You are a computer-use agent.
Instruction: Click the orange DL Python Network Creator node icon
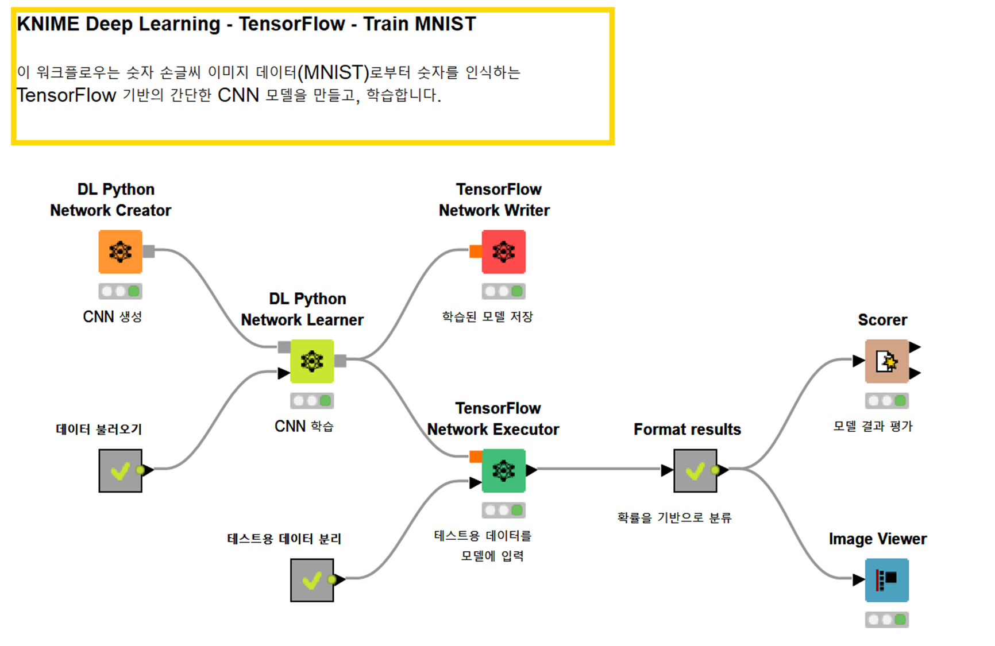(120, 252)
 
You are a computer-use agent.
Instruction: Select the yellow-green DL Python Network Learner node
(312, 361)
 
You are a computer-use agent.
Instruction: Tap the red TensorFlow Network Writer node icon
(503, 252)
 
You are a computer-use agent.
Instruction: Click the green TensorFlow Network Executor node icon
(503, 471)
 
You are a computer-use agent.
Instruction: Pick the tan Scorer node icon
(886, 361)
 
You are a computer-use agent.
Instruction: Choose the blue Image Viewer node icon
(886, 580)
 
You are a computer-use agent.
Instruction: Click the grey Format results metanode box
(695, 471)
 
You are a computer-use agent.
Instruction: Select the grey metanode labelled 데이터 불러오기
(120, 471)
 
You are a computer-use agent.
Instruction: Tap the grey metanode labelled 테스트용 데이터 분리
(312, 580)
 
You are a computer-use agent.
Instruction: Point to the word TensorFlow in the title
(291, 24)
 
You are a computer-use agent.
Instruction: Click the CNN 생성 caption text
(113, 317)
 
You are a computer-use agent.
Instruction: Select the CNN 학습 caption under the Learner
(304, 427)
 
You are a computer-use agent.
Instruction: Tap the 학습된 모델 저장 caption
(487, 317)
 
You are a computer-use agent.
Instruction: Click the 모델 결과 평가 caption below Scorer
(873, 427)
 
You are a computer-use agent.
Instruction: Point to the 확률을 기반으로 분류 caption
(674, 518)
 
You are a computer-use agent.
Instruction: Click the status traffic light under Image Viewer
(886, 620)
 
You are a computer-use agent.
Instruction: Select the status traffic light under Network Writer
(503, 291)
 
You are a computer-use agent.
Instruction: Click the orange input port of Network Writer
(476, 251)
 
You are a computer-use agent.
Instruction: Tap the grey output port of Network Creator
(149, 251)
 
